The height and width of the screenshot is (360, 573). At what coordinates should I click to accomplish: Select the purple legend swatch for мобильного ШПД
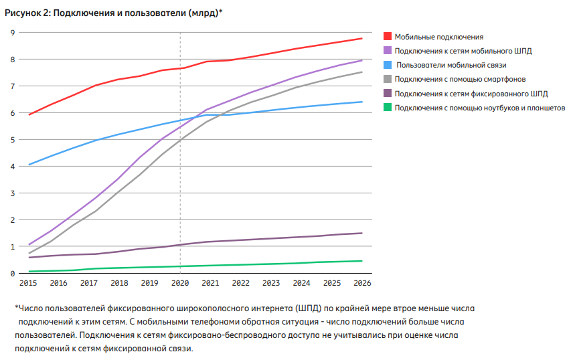[388, 51]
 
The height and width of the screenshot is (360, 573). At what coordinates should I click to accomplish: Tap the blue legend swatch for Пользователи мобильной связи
[388, 65]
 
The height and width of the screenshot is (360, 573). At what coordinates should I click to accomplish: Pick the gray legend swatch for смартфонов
[388, 79]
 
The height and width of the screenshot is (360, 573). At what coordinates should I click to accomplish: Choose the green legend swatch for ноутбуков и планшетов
[388, 108]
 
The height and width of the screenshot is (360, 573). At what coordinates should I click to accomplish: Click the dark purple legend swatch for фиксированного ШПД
[388, 94]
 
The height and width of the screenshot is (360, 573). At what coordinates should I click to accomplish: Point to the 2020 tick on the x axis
[179, 284]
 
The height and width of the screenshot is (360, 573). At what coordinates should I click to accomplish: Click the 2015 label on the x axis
[28, 284]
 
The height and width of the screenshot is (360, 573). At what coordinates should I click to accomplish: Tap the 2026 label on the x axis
[361, 284]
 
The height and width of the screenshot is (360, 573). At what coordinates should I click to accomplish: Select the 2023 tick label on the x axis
[270, 284]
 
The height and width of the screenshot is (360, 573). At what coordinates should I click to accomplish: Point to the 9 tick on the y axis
[12, 33]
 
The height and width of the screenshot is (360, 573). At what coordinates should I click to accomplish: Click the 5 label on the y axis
[12, 140]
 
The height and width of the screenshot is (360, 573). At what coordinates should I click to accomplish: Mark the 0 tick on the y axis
[12, 274]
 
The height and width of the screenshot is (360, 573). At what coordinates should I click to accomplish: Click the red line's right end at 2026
[361, 39]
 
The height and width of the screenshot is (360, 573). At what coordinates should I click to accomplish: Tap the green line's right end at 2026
[361, 261]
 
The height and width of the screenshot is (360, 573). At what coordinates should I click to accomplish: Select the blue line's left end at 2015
[29, 165]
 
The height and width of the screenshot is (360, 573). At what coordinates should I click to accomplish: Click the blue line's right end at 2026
[361, 102]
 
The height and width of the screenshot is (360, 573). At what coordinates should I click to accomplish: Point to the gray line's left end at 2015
[29, 253]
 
